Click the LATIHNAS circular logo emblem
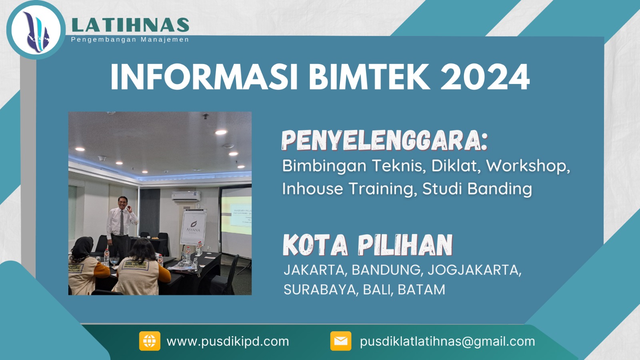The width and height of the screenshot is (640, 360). [x=36, y=30]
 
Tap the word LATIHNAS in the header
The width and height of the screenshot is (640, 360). [x=130, y=25]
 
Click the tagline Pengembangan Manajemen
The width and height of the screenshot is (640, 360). [x=130, y=40]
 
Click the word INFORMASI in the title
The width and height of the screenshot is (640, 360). [x=204, y=77]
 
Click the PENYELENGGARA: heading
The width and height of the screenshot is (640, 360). [x=384, y=140]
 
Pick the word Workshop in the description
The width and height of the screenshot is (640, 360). [x=528, y=166]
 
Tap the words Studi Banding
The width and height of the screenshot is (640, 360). [x=477, y=189]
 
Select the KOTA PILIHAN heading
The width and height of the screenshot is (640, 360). [x=367, y=245]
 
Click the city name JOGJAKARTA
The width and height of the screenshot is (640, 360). [x=474, y=270]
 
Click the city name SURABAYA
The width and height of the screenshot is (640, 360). [x=320, y=290]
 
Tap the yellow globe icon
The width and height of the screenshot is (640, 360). [x=150, y=341]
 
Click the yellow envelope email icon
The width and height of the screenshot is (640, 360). [x=341, y=341]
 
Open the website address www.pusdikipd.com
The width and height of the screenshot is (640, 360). [x=228, y=341]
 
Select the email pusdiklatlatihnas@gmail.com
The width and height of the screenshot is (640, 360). [x=447, y=341]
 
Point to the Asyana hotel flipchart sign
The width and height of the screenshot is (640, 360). [x=193, y=227]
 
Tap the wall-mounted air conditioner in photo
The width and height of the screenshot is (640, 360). [x=186, y=196]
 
